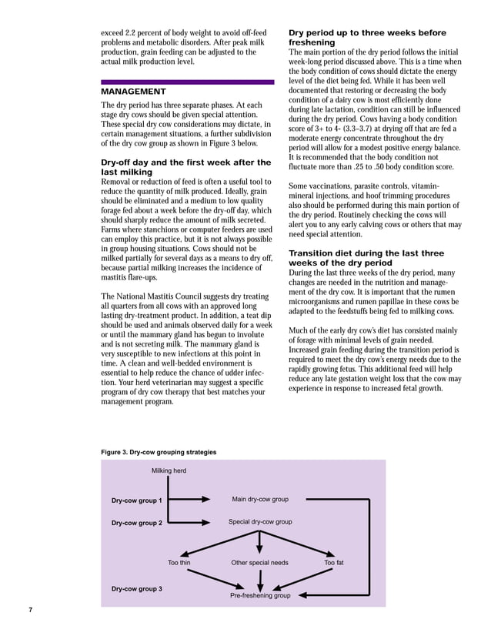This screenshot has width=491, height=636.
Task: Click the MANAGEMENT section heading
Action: [133, 92]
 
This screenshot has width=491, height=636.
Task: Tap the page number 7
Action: [30, 611]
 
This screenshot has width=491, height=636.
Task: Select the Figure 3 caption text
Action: [159, 452]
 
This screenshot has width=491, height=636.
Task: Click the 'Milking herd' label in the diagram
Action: [169, 470]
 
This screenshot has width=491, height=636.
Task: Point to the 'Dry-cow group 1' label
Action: [136, 500]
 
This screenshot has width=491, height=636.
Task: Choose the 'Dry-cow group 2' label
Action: [136, 523]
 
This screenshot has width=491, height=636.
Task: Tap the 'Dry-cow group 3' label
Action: [136, 589]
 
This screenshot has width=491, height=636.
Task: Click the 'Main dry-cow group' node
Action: [260, 500]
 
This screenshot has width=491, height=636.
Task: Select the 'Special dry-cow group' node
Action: [260, 522]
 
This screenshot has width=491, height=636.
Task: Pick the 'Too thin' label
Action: [179, 563]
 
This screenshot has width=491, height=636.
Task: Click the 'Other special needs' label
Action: [260, 563]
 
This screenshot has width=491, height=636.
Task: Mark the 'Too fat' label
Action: [334, 563]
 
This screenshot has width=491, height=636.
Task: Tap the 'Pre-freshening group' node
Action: [260, 596]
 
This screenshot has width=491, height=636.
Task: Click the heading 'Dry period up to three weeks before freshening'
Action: [366, 38]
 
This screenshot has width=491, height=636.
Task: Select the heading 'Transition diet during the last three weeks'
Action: [366, 258]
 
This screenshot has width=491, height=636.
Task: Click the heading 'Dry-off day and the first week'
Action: [185, 167]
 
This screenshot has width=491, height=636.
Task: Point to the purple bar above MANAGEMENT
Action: [187, 82]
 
